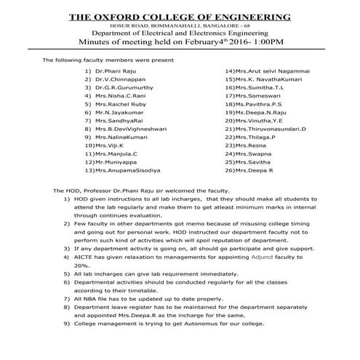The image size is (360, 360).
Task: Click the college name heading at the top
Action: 179,17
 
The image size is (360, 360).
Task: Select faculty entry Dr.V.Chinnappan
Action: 116,84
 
